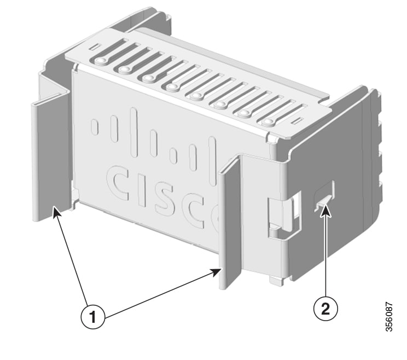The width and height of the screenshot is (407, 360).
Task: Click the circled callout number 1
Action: click(x=92, y=317)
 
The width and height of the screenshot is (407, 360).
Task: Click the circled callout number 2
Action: click(x=325, y=309)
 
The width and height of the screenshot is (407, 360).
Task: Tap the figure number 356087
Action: click(x=389, y=317)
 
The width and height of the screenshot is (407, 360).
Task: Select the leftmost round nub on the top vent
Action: click(x=100, y=61)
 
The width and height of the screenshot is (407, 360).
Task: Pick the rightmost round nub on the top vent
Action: click(x=267, y=121)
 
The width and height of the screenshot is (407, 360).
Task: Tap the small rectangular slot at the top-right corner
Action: click(x=296, y=120)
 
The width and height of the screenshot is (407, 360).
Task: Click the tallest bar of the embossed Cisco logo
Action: click(x=134, y=132)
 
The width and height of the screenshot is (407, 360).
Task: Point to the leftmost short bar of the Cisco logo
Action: click(x=95, y=126)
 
